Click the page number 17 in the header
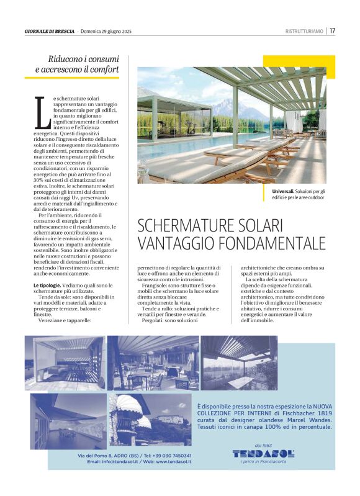[333, 30]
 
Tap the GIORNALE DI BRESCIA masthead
[50, 31]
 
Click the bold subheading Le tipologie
[47, 285]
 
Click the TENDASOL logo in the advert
[263, 454]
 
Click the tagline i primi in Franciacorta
[263, 461]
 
